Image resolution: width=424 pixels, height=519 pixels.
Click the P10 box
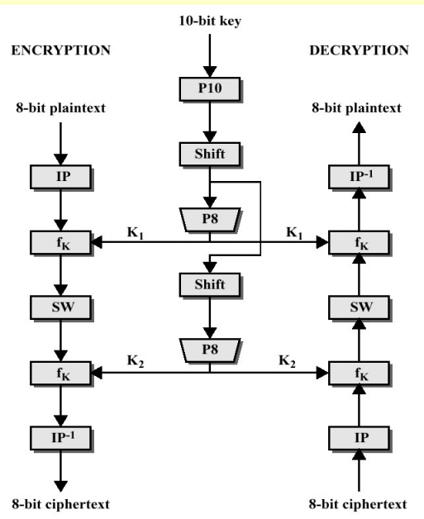[x=210, y=88]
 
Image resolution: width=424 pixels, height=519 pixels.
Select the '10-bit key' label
[x=210, y=18]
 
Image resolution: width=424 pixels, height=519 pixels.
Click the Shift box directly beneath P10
[x=210, y=153]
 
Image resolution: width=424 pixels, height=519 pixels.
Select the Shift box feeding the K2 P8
[x=210, y=285]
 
